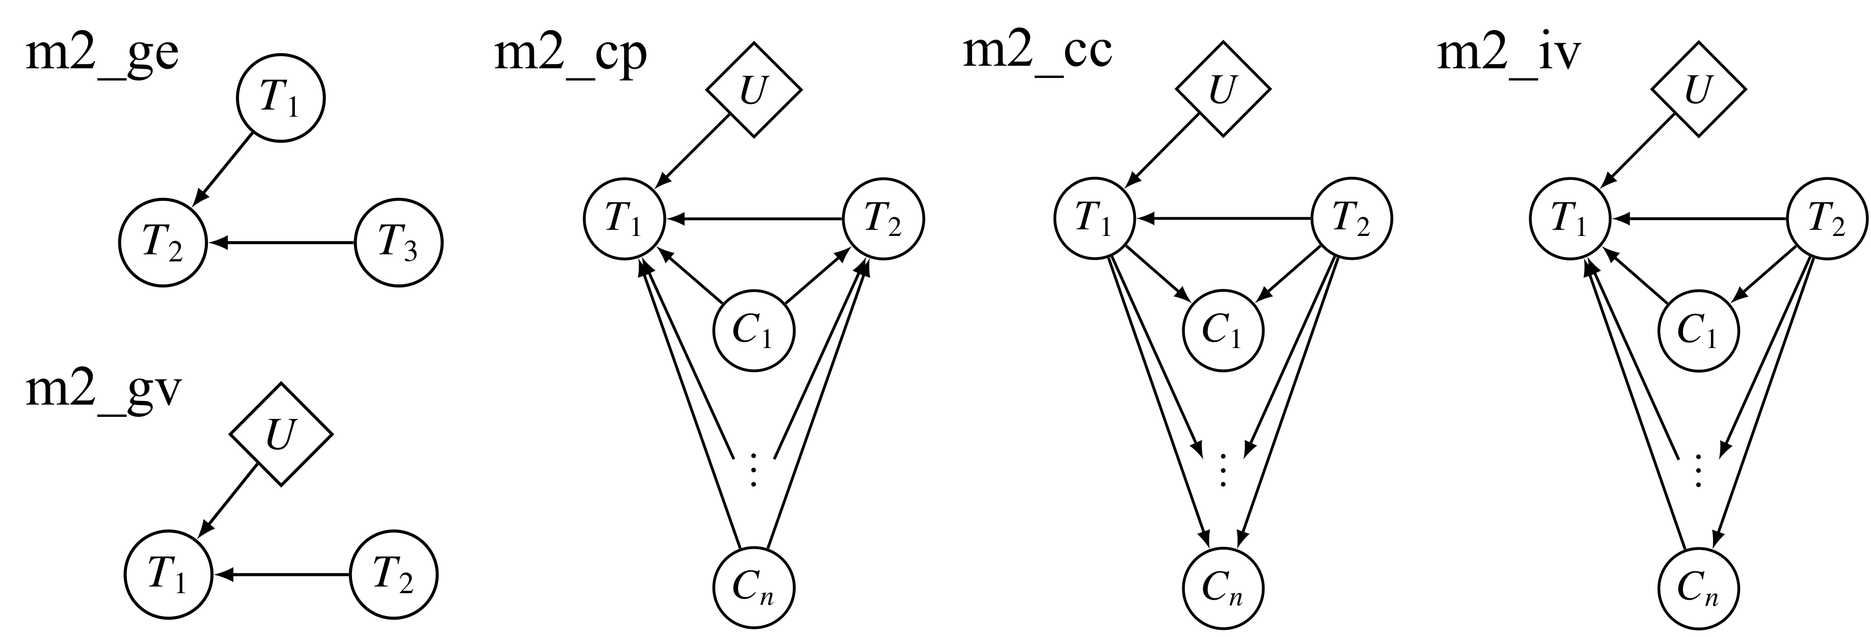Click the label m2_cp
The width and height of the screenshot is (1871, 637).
tap(570, 55)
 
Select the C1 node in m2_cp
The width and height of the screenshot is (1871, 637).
tap(754, 331)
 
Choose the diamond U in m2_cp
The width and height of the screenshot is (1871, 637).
tap(754, 90)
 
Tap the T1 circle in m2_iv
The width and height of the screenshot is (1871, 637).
tap(1569, 218)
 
